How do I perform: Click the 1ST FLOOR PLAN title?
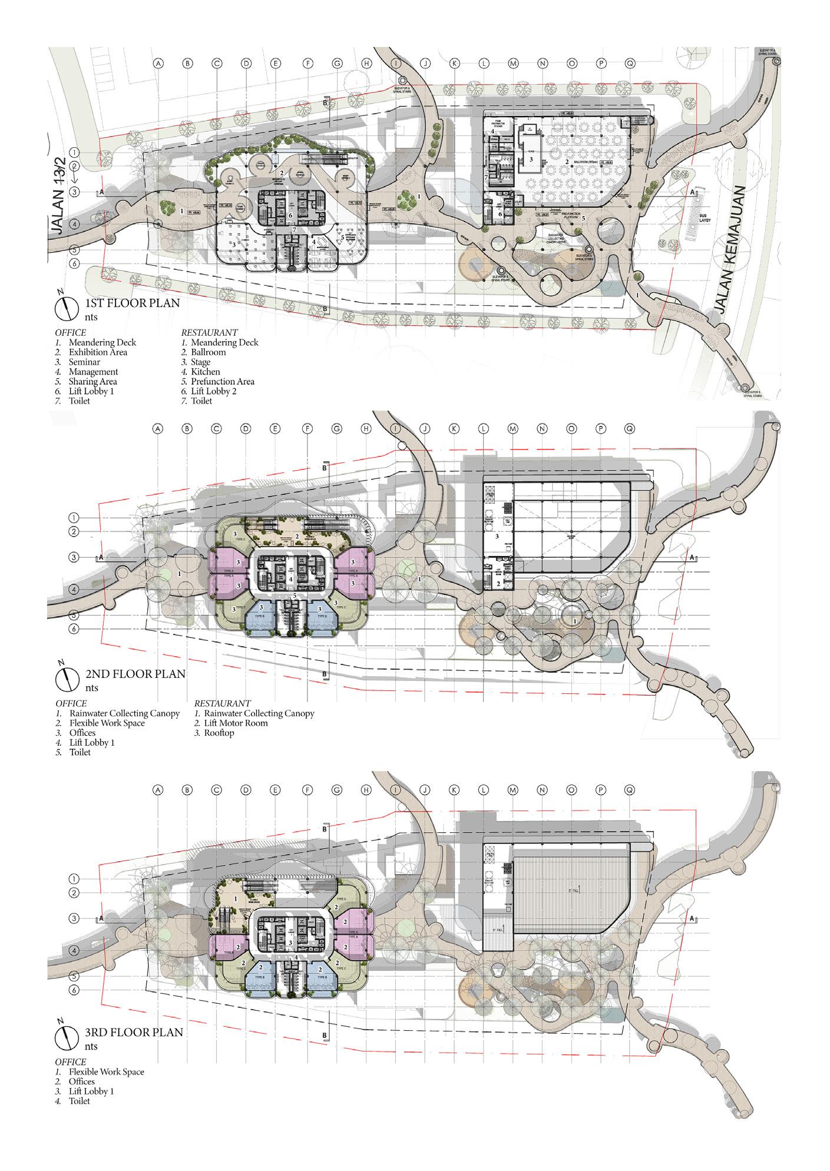pos(133,303)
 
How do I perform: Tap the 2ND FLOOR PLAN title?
pos(135,673)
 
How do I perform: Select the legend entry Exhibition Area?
pos(98,352)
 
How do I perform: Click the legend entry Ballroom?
pos(208,352)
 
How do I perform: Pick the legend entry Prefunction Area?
pos(223,382)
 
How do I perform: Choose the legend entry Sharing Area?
pos(92,382)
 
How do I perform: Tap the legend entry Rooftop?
pos(219,733)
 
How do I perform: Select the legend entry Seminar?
pos(84,362)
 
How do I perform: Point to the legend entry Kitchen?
pos(206,372)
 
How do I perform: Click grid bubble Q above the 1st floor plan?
pos(630,63)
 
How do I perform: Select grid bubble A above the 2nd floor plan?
pos(157,429)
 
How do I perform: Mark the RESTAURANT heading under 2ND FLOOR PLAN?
pos(222,703)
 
